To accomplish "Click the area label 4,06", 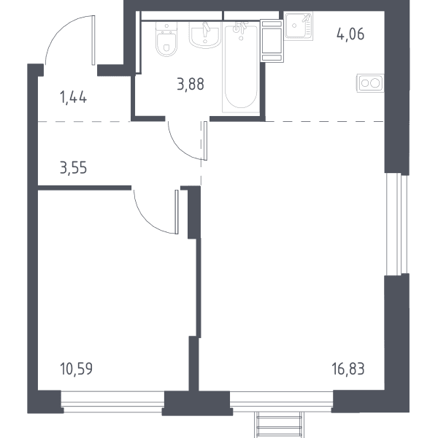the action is pyautogui.click(x=350, y=34).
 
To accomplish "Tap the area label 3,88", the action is pyautogui.click(x=191, y=84).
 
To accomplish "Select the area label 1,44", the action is pyautogui.click(x=73, y=98).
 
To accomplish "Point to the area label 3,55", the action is pyautogui.click(x=74, y=168).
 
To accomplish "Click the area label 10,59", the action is pyautogui.click(x=76, y=369).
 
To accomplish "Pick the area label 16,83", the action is pyautogui.click(x=348, y=369).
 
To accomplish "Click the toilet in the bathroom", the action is pyautogui.click(x=166, y=39).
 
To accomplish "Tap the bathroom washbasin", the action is pyautogui.click(x=205, y=34).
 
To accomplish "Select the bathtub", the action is pyautogui.click(x=241, y=67).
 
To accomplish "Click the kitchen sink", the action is pyautogui.click(x=299, y=26).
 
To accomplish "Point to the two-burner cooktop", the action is pyautogui.click(x=370, y=83).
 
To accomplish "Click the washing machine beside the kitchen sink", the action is pyautogui.click(x=272, y=41).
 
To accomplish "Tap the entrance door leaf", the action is pyautogui.click(x=93, y=40).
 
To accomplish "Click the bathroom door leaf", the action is pyautogui.click(x=206, y=141).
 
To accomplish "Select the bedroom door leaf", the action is pyautogui.click(x=176, y=212).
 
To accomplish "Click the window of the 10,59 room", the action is pyautogui.click(x=112, y=401).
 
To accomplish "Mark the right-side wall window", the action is pyautogui.click(x=396, y=224).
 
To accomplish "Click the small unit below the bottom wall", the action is pyautogui.click(x=280, y=425).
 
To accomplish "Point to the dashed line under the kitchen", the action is pyautogui.click(x=325, y=121).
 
